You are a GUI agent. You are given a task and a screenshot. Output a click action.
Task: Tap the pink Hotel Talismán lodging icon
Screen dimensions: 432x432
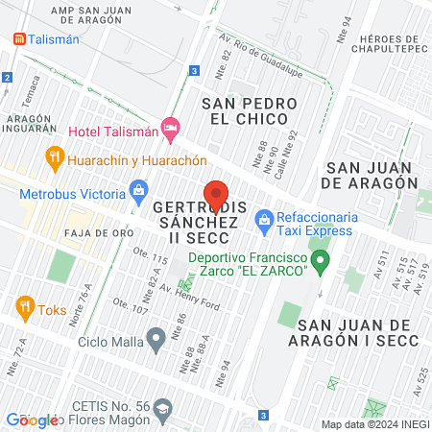[x=171, y=126]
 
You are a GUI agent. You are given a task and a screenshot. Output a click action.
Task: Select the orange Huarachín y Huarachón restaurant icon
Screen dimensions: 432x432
[x=54, y=156]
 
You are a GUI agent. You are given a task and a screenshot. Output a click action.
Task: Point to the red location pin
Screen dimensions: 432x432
[x=216, y=196]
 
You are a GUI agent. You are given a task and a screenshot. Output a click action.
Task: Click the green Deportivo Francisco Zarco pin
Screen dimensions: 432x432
[x=323, y=259]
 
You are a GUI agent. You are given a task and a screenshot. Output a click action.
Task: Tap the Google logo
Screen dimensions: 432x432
[x=33, y=420]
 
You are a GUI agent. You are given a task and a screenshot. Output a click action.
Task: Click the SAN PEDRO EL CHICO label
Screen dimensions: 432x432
[x=246, y=109]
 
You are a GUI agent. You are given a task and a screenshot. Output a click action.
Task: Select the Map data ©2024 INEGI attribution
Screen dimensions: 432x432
[x=374, y=423]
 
